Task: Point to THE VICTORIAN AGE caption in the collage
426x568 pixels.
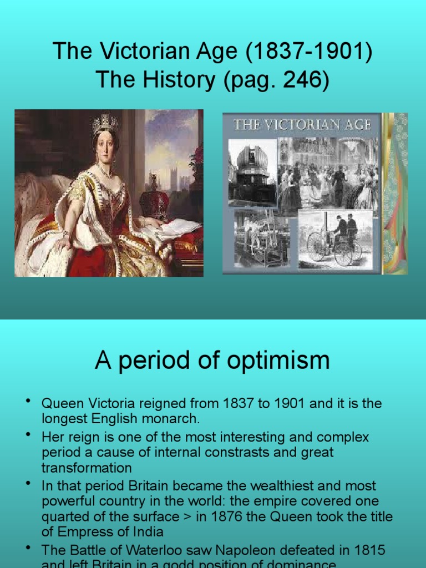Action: click(x=302, y=125)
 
